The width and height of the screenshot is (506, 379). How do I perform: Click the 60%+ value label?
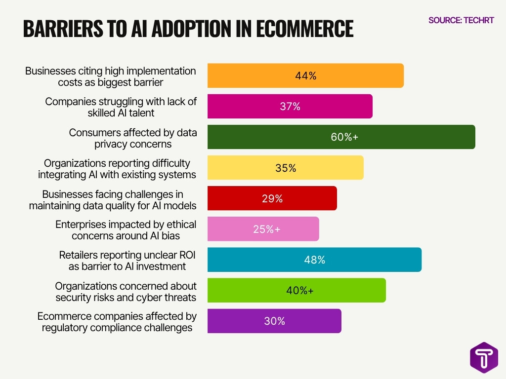tap(344, 137)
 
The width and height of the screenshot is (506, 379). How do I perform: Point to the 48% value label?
tap(315, 260)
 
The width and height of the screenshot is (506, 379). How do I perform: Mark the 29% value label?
tap(272, 198)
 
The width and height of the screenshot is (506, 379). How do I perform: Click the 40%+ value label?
tap(299, 290)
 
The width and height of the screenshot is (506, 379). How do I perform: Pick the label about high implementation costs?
tap(111, 76)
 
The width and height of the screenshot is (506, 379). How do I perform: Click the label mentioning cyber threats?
tap(126, 292)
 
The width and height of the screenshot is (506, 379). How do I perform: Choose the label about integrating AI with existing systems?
tap(117, 169)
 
